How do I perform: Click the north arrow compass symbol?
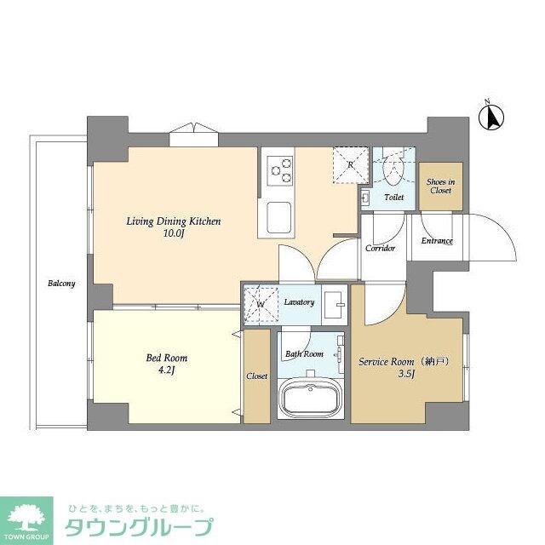coord(491,118)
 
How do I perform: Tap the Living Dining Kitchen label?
coord(174,221)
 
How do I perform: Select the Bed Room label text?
coord(167,359)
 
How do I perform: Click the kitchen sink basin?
coord(280,218)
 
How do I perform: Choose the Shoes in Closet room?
coord(440,186)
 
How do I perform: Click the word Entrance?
coord(437,241)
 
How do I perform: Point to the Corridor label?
coord(380,249)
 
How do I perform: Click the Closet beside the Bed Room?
coord(256,376)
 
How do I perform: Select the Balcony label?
coord(61,284)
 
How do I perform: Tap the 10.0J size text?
coord(174,233)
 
